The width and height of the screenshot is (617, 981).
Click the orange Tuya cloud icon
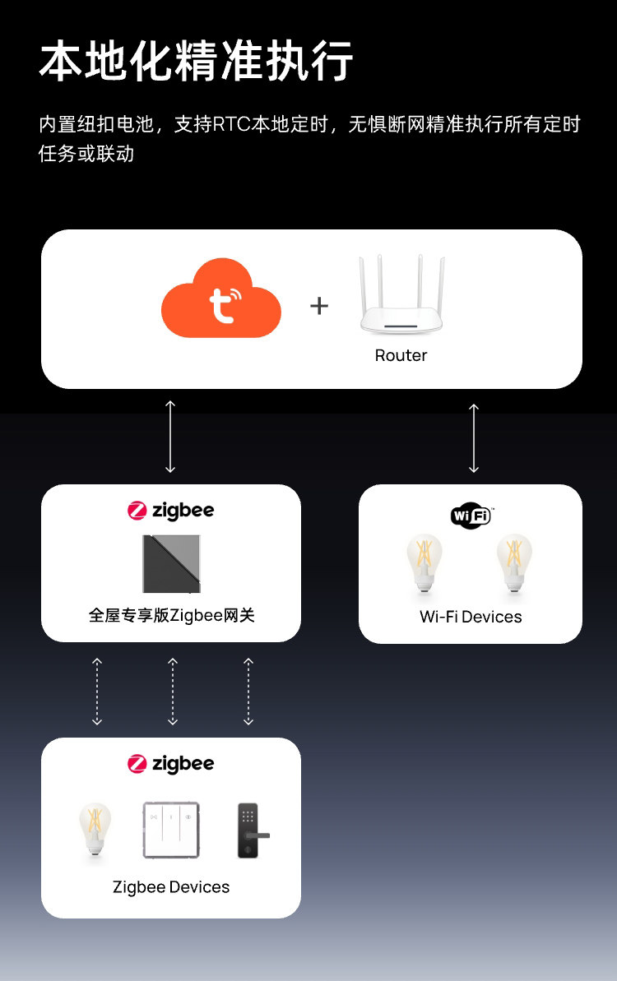tap(220, 299)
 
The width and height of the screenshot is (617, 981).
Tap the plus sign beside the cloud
tap(319, 306)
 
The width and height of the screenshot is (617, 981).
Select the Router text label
tap(401, 355)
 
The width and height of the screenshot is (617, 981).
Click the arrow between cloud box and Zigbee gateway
tap(170, 436)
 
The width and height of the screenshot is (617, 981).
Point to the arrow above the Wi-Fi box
tap(474, 437)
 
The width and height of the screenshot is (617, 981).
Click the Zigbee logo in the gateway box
tap(171, 511)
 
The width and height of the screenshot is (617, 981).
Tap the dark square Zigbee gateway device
tap(171, 563)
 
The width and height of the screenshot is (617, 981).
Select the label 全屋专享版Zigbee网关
tap(171, 615)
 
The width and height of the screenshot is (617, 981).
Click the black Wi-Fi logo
tap(471, 516)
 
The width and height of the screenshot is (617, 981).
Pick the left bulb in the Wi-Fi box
tap(424, 562)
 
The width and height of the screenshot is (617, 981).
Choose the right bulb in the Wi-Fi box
tap(515, 562)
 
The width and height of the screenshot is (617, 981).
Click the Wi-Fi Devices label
tap(471, 617)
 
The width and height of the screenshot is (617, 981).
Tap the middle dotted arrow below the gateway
tap(173, 691)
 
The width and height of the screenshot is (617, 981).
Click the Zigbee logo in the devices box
tap(171, 764)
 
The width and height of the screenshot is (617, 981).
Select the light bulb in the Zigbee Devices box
tap(95, 831)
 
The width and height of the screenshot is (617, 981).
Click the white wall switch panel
tap(171, 831)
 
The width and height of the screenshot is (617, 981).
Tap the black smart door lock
tap(248, 831)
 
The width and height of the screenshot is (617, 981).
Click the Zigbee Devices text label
tap(171, 887)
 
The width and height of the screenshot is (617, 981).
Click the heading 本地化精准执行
tap(197, 62)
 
